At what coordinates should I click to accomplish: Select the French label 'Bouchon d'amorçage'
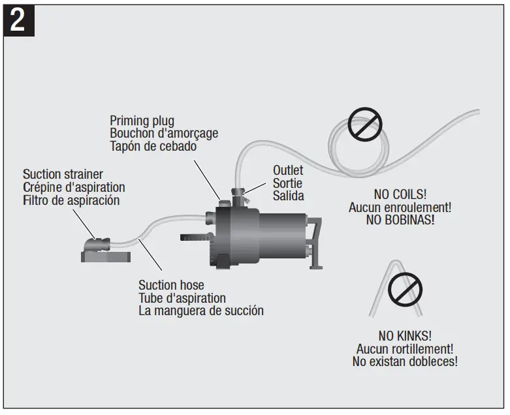164,133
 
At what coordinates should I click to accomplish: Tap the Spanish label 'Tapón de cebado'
153,146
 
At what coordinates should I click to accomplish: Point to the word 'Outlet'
288,170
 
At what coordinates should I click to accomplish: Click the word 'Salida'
288,196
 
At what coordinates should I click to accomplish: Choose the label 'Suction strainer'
63,174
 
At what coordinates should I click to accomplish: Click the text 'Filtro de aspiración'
71,200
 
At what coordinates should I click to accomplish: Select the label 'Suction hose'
171,285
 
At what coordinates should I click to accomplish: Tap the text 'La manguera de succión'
200,311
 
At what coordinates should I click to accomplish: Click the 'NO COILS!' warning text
400,194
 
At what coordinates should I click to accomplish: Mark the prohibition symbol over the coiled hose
362,125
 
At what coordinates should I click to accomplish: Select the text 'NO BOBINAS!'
400,220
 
